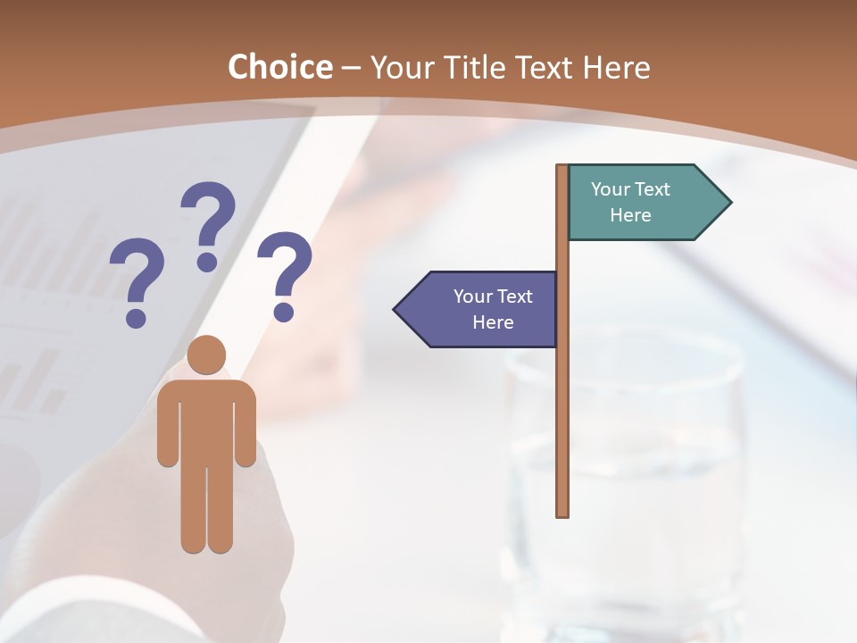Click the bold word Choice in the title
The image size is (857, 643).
[279, 67]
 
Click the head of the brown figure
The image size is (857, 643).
[206, 355]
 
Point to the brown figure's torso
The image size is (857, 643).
[206, 420]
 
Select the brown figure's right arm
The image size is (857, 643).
[245, 429]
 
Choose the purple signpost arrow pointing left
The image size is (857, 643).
[482, 309]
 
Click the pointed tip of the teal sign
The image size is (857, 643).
[729, 202]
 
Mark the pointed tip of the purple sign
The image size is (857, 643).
[395, 310]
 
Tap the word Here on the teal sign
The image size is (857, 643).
[630, 215]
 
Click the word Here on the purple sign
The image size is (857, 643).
[493, 322]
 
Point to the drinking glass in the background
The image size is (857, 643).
[625, 473]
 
